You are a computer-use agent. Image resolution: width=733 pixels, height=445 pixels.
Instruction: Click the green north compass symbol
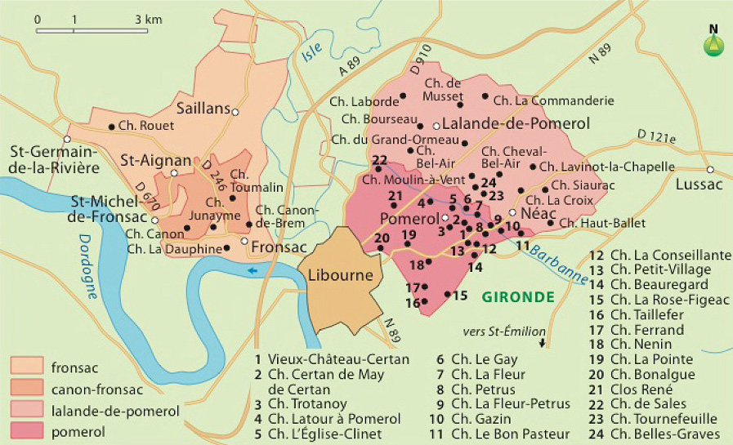[713, 43]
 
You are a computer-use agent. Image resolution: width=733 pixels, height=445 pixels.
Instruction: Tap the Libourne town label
[340, 275]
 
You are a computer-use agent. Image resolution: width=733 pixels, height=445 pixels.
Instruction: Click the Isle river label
[312, 53]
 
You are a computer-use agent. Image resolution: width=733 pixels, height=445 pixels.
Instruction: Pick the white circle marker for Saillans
[235, 112]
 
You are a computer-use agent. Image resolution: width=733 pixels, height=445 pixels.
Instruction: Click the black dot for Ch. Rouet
[113, 126]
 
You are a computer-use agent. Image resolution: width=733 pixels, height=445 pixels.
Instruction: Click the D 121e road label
[657, 136]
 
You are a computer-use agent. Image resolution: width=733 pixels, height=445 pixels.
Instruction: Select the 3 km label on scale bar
[147, 17]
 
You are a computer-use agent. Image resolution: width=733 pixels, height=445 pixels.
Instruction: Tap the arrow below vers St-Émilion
[540, 344]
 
